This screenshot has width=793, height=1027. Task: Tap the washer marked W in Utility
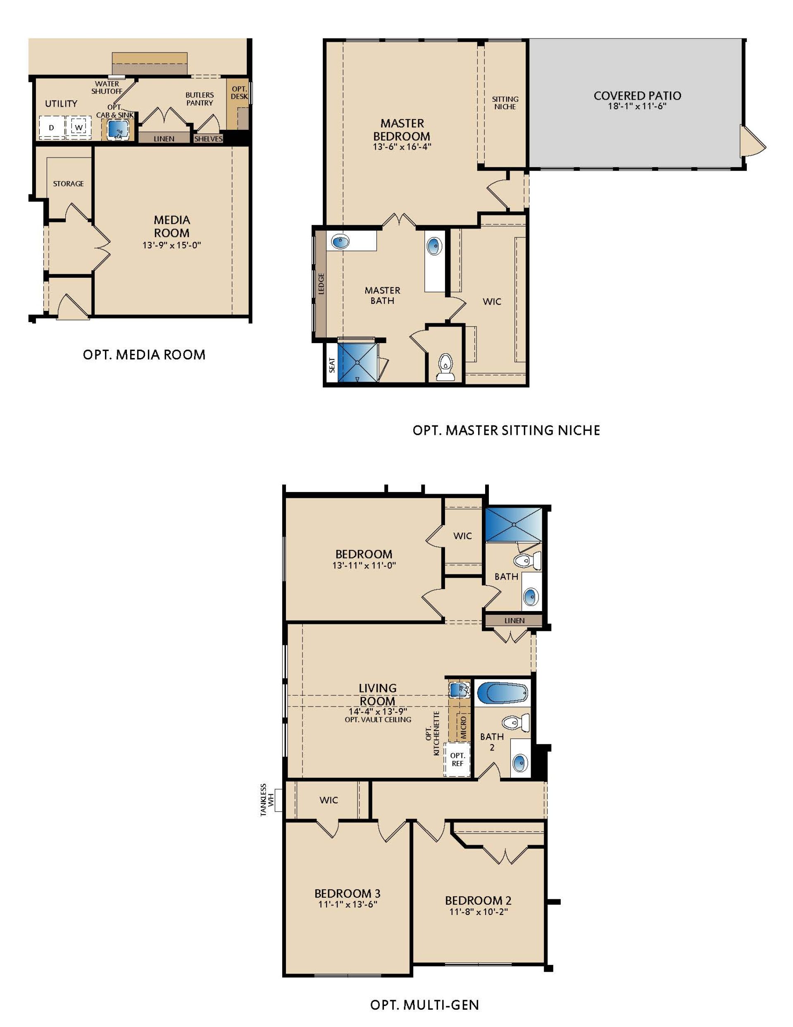(79, 127)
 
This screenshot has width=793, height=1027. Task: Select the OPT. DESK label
(239, 93)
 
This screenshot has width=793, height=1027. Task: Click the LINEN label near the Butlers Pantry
(164, 139)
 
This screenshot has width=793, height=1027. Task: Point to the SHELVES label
(208, 139)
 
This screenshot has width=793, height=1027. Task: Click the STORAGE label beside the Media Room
(68, 184)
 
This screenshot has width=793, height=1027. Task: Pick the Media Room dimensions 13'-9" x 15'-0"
(171, 245)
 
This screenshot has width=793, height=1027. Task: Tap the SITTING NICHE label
(505, 103)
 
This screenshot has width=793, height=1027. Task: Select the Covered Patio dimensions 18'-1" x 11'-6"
(637, 106)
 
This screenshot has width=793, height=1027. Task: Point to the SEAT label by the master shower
(332, 365)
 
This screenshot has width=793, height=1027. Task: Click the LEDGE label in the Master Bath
(321, 284)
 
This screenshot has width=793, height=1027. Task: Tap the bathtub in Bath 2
(502, 693)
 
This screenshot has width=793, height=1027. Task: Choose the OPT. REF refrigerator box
(457, 760)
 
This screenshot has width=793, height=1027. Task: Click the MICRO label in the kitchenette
(464, 727)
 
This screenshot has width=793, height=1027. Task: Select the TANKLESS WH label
(267, 800)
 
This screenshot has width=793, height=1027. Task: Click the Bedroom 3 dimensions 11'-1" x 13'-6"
(348, 904)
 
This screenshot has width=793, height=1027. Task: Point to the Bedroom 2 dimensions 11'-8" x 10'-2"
(479, 912)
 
